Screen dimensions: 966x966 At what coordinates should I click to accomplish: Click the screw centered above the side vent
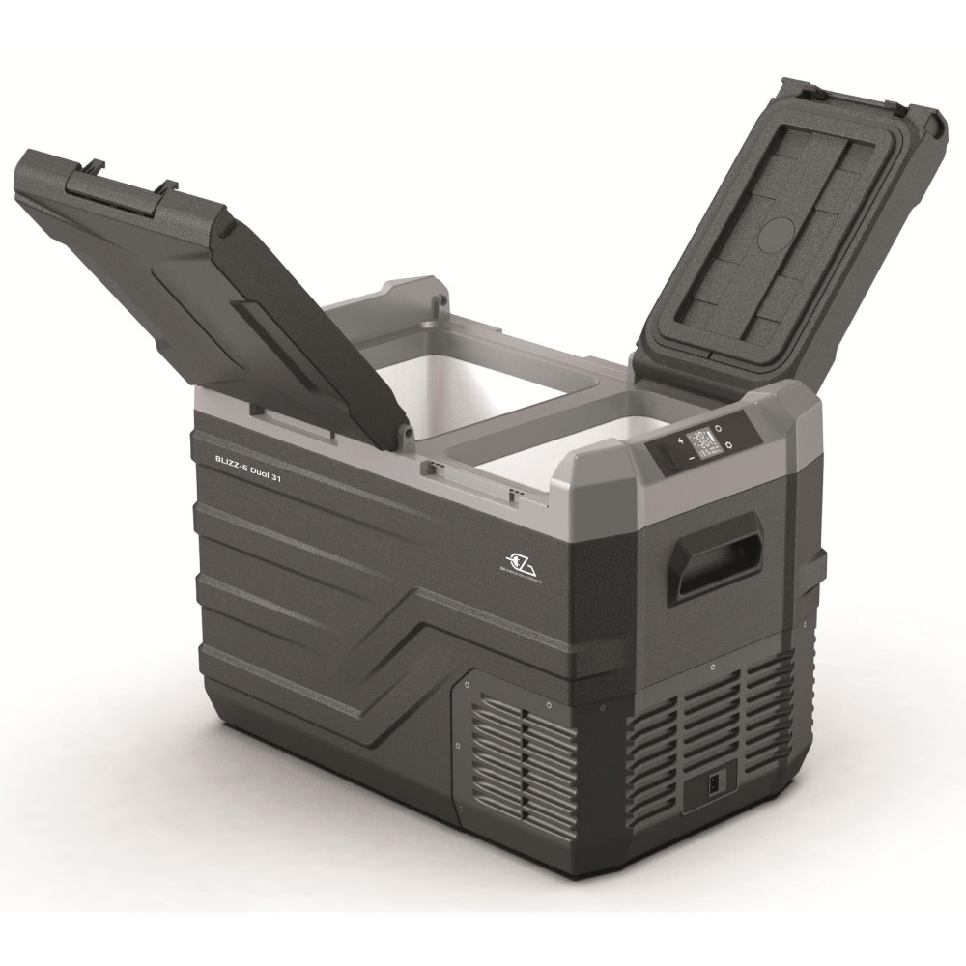coord(711,667)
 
